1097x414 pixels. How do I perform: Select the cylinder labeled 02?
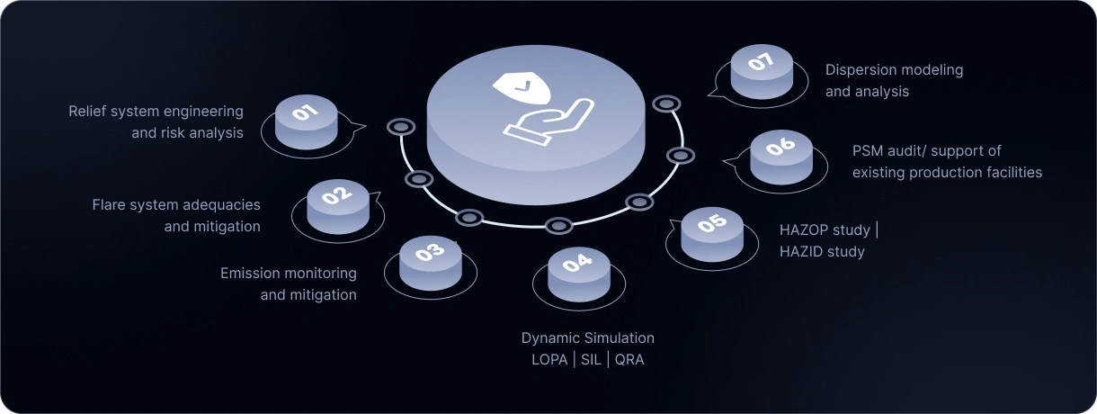(337, 205)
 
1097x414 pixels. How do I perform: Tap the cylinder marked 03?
(430, 262)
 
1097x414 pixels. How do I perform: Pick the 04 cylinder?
(578, 274)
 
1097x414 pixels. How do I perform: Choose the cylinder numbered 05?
(711, 233)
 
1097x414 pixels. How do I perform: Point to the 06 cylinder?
(780, 156)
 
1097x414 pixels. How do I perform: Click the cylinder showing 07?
(761, 70)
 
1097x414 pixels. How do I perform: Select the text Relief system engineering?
(156, 112)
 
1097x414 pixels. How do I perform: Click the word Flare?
(110, 205)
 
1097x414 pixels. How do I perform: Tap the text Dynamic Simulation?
(588, 338)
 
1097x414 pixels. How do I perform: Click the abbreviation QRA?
(629, 360)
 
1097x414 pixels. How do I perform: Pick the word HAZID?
(800, 252)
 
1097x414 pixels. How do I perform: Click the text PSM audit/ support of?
(926, 150)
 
